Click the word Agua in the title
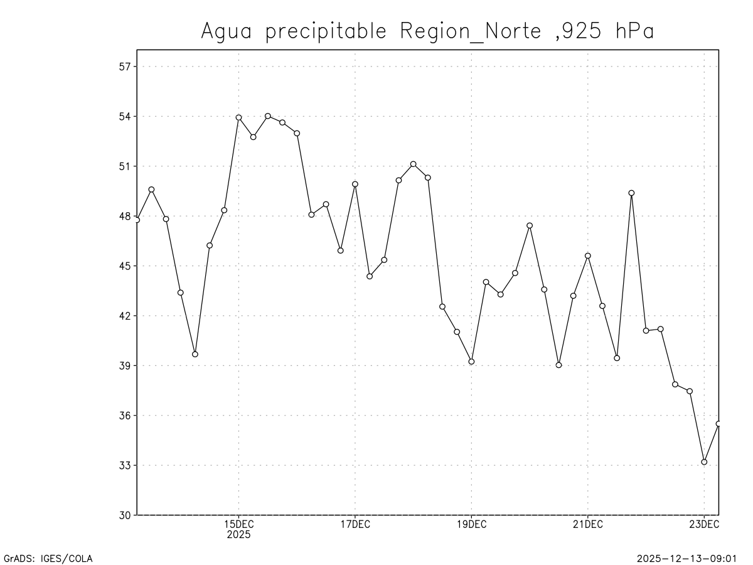tap(226, 31)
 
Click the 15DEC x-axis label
tap(238, 525)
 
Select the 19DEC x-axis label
tap(471, 525)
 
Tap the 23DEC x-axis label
tap(704, 525)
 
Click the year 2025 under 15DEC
tap(238, 535)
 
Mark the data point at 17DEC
tap(355, 184)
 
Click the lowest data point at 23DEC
tap(704, 462)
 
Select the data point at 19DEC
tap(471, 362)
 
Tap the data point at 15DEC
tap(238, 117)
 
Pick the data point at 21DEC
tap(588, 256)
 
